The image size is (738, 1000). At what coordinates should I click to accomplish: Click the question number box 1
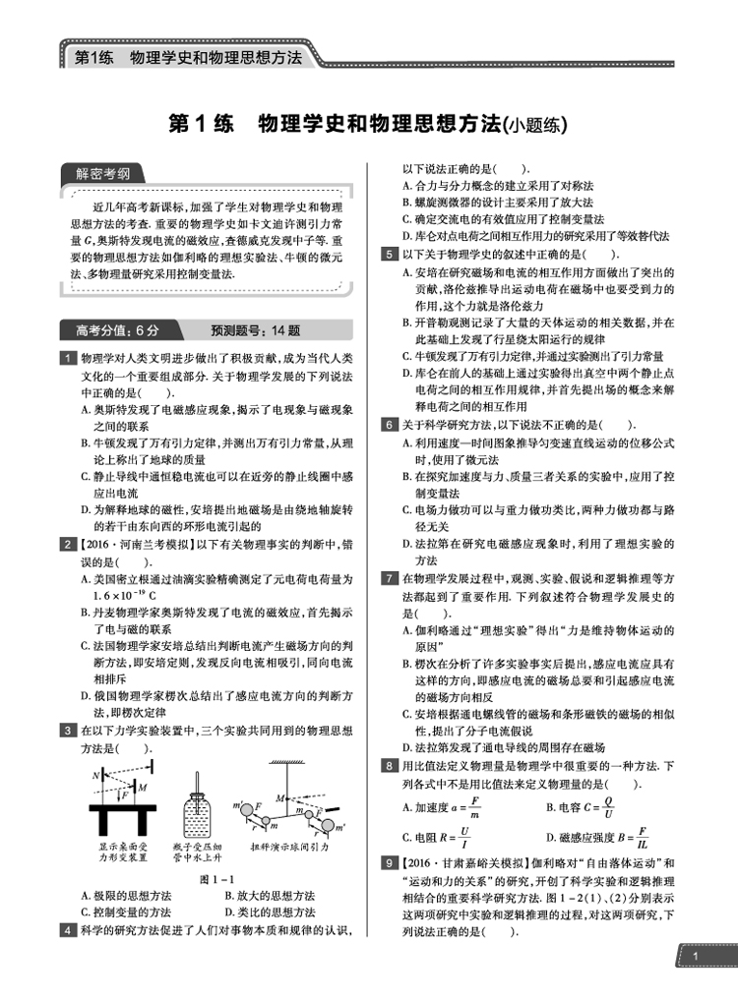pyautogui.click(x=66, y=356)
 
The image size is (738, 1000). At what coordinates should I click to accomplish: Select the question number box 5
pyautogui.click(x=390, y=254)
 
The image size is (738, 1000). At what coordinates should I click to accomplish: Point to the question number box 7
pyautogui.click(x=390, y=577)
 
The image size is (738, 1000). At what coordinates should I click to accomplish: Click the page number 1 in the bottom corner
pyautogui.click(x=695, y=956)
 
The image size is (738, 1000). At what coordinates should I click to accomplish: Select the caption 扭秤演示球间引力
pyautogui.click(x=293, y=846)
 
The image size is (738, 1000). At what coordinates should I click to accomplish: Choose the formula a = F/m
pyautogui.click(x=456, y=809)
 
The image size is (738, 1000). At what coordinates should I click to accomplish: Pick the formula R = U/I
pyautogui.click(x=456, y=839)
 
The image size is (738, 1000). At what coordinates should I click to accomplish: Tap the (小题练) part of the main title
pyautogui.click(x=536, y=126)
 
